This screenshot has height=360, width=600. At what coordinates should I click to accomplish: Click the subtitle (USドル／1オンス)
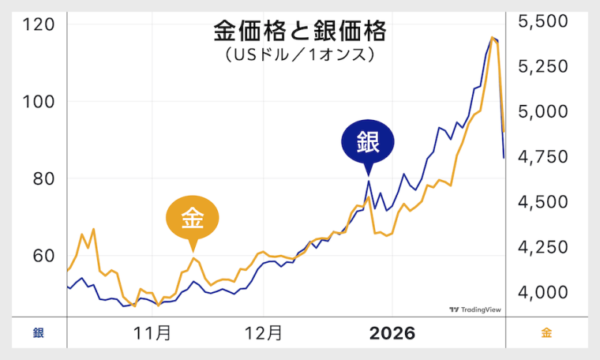coord(299,56)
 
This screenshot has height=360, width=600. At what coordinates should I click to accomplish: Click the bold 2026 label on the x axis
coord(392,333)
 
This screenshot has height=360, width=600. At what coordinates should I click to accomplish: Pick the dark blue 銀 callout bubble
coord(367,143)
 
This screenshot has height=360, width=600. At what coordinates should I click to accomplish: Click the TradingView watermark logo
coord(475,310)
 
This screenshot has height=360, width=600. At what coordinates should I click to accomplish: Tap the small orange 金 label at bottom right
coord(546,333)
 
